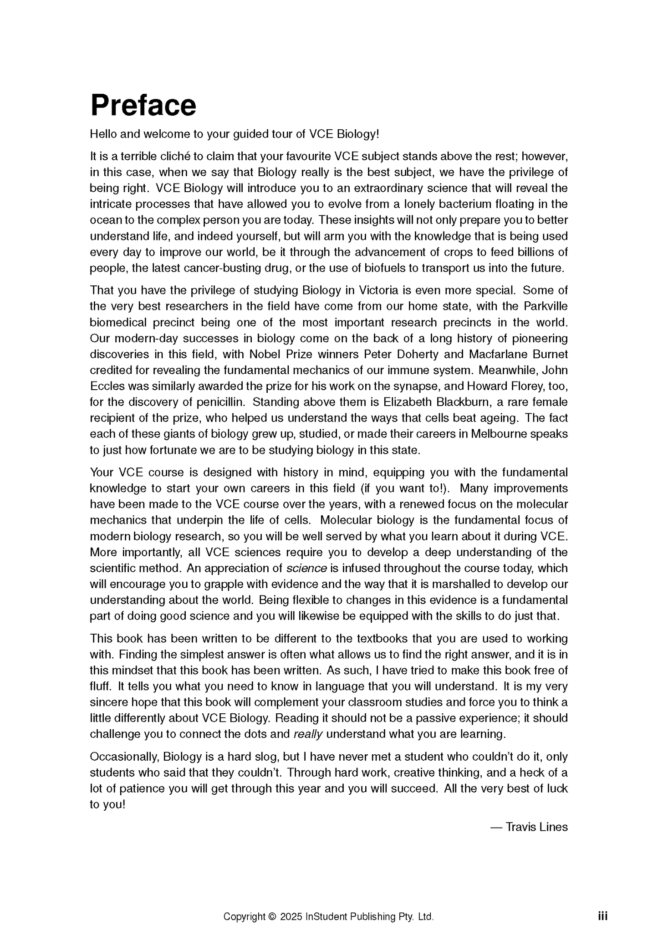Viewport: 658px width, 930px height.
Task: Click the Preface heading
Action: pos(143,105)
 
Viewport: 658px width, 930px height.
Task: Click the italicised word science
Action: pos(306,569)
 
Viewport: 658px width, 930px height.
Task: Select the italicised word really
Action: pos(308,734)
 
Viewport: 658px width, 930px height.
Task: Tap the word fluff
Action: pos(101,686)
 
